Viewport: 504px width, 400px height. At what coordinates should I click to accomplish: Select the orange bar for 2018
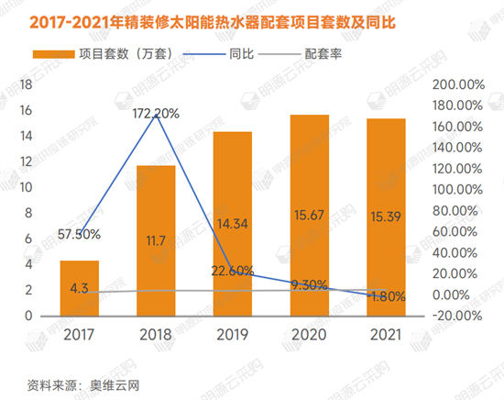(156, 240)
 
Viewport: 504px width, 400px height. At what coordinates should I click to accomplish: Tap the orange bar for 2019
(233, 224)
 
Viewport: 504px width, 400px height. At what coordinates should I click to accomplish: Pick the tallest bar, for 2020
(309, 215)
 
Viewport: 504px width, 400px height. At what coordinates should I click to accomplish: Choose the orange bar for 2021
(386, 217)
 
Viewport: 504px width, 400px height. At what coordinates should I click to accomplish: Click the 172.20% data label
(156, 114)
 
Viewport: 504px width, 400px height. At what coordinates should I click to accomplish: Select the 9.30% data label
(309, 284)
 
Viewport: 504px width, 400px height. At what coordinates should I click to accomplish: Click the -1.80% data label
(386, 296)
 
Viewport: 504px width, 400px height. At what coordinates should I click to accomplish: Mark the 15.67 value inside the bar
(309, 240)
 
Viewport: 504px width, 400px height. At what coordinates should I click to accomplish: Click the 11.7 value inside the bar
(156, 240)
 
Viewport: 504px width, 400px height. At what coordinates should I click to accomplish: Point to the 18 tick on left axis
(27, 84)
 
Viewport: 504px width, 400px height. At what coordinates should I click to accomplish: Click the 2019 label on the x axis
(233, 335)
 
